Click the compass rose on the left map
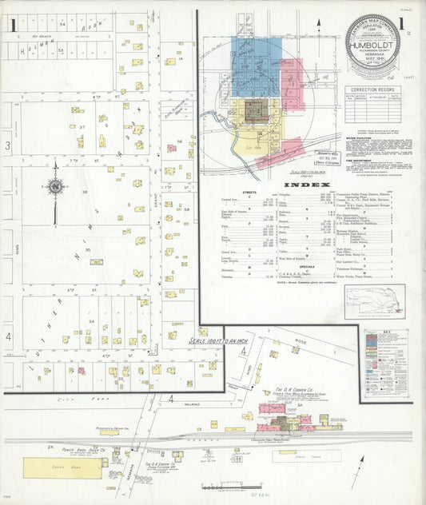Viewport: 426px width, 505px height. click(x=55, y=187)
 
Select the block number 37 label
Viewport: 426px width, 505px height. click(x=82, y=127)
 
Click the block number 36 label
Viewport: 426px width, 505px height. click(x=84, y=192)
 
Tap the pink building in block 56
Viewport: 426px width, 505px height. click(x=171, y=148)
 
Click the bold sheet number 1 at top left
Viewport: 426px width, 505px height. click(x=12, y=25)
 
